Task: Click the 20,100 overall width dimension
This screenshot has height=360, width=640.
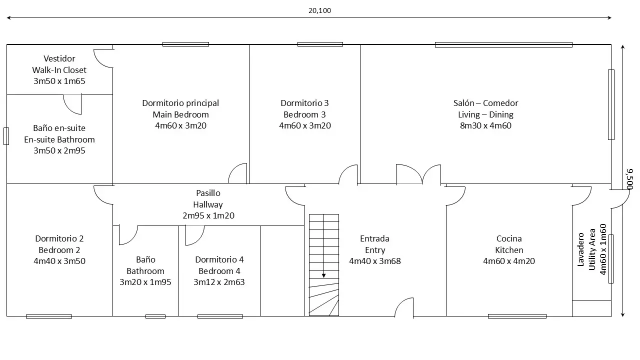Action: pos(319,10)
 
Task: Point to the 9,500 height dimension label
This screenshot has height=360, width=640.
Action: pos(629,179)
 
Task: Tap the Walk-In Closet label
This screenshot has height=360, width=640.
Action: pos(59,70)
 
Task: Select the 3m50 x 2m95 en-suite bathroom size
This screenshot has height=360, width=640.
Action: pos(59,150)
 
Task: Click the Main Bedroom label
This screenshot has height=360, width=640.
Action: pos(180,114)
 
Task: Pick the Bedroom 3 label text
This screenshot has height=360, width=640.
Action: pos(304,114)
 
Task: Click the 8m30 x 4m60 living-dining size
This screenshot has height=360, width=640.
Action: pos(485,125)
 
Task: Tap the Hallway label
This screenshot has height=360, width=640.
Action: pos(208,204)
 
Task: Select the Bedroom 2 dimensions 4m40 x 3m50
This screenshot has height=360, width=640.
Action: pos(59,261)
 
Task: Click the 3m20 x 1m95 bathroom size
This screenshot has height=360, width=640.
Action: pos(145,282)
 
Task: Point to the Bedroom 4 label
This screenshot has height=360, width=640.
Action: pos(219,271)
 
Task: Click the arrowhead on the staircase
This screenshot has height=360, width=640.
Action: pos(323,275)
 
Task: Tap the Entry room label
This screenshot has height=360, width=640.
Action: pos(375,250)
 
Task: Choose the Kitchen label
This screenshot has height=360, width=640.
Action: pos(509,250)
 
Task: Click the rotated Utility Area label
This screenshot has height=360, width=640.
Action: pos(592,249)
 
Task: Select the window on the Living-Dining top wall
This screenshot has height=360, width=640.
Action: pos(503,44)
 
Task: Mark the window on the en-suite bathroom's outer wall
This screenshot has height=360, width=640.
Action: pos(6,136)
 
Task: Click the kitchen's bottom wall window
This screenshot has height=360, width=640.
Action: pos(517,316)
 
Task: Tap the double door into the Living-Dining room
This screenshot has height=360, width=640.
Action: pos(418,174)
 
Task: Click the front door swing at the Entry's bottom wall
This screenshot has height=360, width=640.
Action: pos(404,307)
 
